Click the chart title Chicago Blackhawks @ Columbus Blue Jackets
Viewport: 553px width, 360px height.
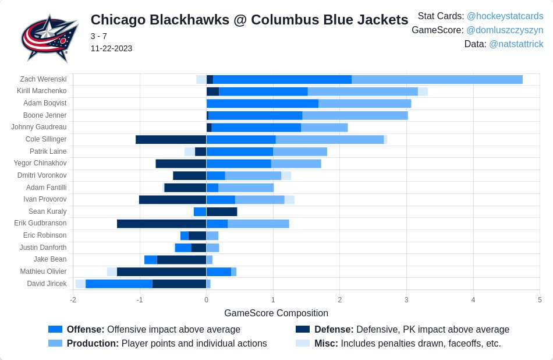pyautogui.click(x=249, y=20)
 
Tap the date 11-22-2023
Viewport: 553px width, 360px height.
pyautogui.click(x=111, y=48)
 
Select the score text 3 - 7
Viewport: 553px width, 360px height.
pyautogui.click(x=98, y=36)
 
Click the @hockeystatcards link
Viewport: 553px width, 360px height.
pyautogui.click(x=505, y=16)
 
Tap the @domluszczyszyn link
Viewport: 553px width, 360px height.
pyautogui.click(x=505, y=30)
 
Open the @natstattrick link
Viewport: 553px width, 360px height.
pyautogui.click(x=516, y=44)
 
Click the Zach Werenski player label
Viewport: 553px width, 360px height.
pyautogui.click(x=43, y=79)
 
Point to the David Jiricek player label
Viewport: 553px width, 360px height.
pyautogui.click(x=47, y=284)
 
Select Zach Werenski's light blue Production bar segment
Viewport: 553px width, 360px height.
pyautogui.click(x=437, y=79)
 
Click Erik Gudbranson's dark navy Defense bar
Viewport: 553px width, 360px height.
pyautogui.click(x=161, y=224)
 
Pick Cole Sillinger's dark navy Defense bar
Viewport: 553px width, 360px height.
pyautogui.click(x=171, y=139)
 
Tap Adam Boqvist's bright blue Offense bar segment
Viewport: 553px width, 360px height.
pyautogui.click(x=262, y=103)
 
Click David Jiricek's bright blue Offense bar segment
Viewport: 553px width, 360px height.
pyautogui.click(x=119, y=284)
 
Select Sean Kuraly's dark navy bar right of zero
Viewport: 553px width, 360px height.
pyautogui.click(x=222, y=211)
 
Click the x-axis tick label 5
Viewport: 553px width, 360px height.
pyautogui.click(x=540, y=300)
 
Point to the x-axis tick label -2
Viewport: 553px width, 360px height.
pyautogui.click(x=73, y=300)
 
